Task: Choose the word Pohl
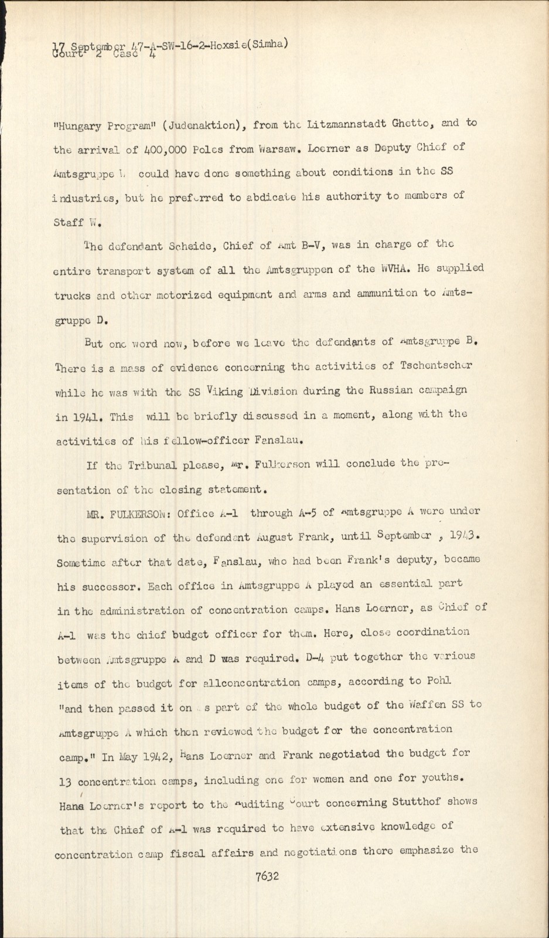point(438,681)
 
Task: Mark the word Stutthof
point(422,802)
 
